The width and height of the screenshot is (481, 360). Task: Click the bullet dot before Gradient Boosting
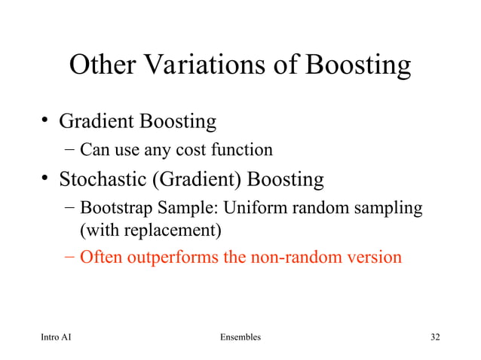(46, 120)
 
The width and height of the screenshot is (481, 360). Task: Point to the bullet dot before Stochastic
(46, 179)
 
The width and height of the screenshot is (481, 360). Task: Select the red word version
(375, 257)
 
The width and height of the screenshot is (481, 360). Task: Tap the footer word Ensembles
(237, 337)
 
